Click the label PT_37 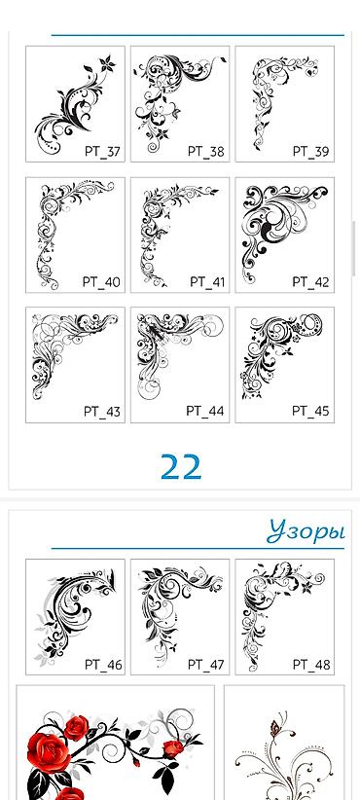tap(102, 152)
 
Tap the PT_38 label tap(205, 152)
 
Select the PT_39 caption tap(310, 152)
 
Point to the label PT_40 tap(101, 282)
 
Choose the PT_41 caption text tap(207, 282)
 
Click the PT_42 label tap(310, 282)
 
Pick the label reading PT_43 tap(102, 412)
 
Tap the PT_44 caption tap(205, 412)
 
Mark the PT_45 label tap(310, 412)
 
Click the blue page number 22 tap(181, 467)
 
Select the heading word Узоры tap(306, 531)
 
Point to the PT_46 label tap(103, 665)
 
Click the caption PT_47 tap(205, 665)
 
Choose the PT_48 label tap(311, 665)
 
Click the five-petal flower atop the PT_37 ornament tap(107, 64)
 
